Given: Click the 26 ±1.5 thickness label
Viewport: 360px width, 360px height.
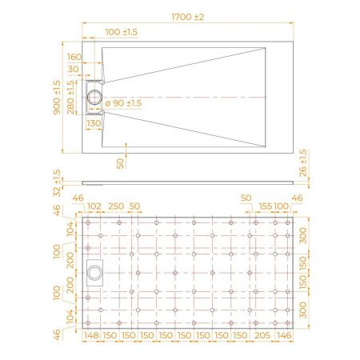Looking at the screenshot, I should click(303, 162).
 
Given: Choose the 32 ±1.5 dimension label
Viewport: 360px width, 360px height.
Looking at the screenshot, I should click(57, 183).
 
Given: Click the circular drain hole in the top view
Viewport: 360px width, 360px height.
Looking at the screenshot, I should click(97, 96).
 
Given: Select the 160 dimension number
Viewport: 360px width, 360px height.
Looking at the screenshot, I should click(74, 58).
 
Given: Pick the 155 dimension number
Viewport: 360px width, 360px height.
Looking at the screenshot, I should click(264, 206).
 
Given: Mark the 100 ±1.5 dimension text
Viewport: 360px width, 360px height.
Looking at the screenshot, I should click(122, 31).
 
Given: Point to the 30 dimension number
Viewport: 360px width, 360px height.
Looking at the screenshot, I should click(74, 70).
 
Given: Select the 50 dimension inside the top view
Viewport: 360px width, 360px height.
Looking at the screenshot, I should click(120, 162).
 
